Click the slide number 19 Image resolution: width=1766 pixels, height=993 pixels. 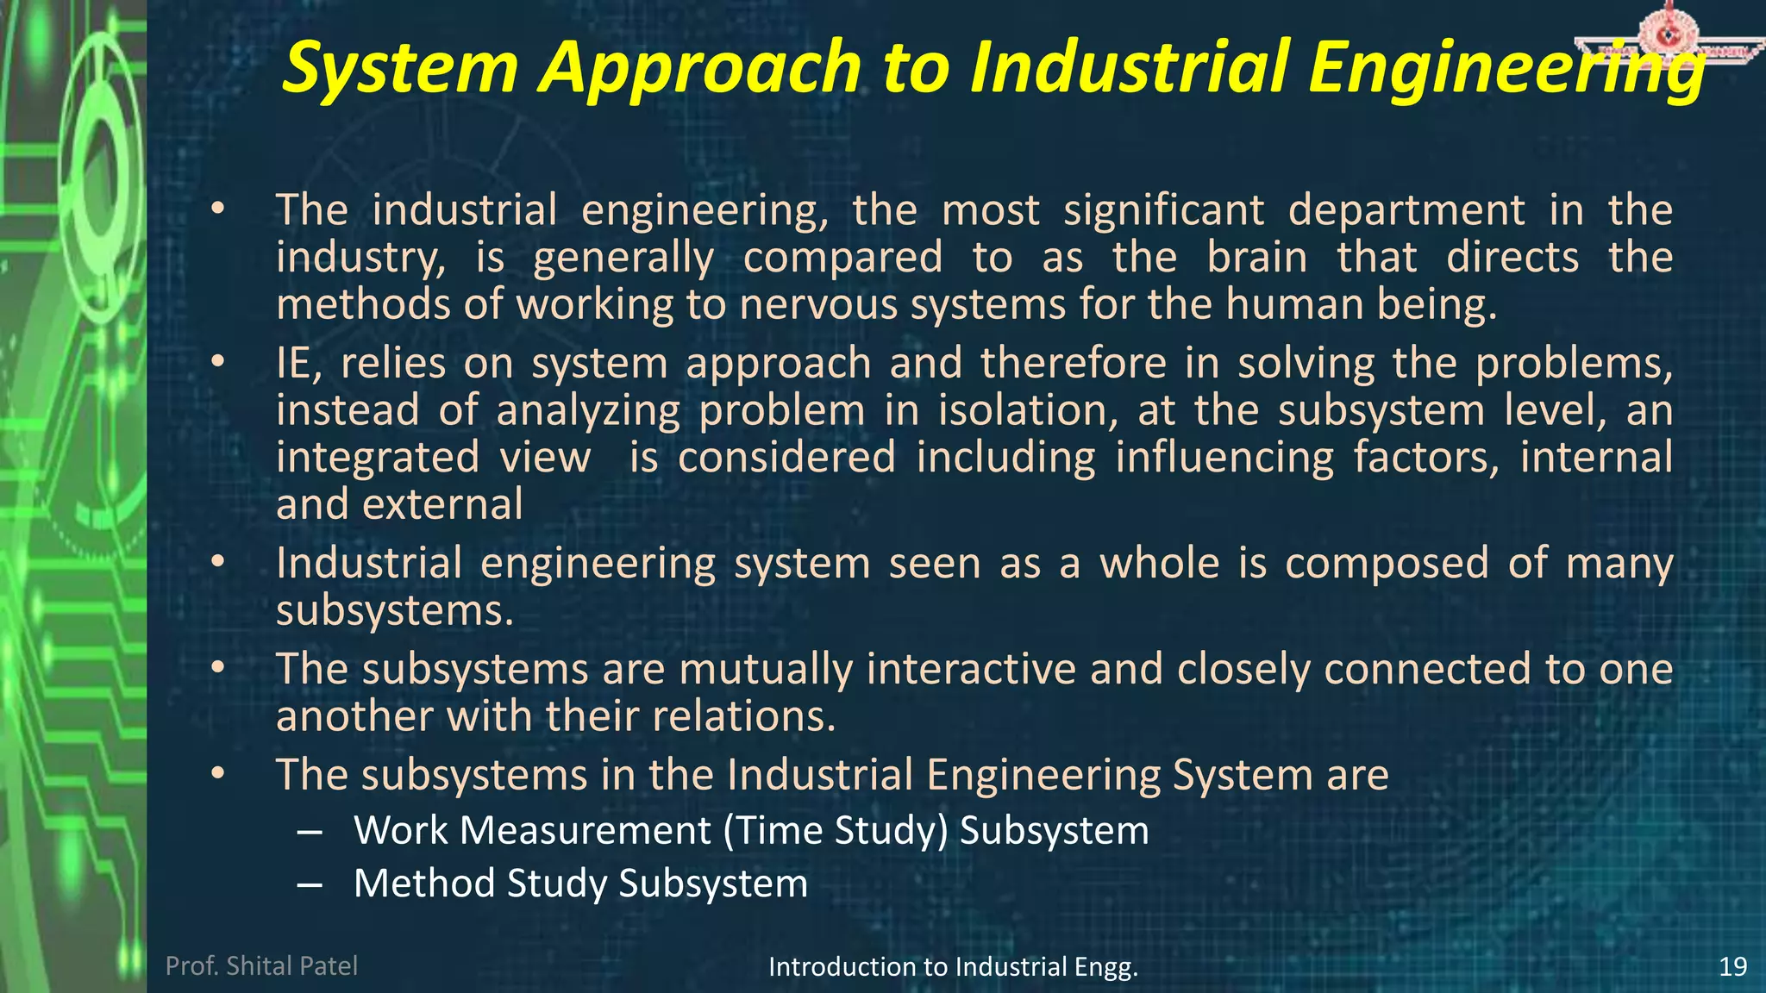coord(1732,966)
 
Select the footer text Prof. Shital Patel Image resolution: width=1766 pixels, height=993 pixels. coord(261,965)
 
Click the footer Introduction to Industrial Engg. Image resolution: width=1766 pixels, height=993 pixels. coord(953,967)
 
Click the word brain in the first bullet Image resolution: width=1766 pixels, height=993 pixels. coord(1256,258)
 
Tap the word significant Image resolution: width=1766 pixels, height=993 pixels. coord(1164,211)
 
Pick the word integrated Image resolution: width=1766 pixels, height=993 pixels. coord(378,458)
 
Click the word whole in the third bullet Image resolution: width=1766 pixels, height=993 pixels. coord(1159,564)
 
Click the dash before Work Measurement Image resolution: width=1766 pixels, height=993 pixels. coord(309,832)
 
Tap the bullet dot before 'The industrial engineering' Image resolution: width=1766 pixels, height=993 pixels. coord(218,209)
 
